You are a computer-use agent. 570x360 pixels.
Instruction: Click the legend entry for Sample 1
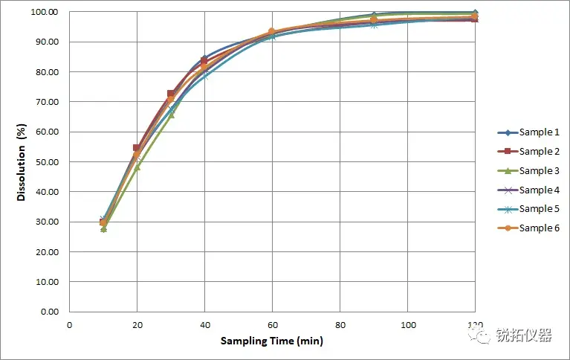(528, 132)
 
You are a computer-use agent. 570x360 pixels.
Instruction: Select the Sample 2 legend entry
(528, 152)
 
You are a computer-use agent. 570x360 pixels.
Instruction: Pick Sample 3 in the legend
(528, 171)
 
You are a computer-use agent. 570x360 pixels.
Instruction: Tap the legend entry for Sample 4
(528, 190)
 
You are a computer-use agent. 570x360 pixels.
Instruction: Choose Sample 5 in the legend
(528, 209)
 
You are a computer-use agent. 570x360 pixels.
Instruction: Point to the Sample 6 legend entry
(528, 228)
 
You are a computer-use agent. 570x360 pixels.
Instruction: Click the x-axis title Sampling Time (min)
(272, 341)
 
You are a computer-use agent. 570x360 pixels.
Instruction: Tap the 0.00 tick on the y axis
(48, 312)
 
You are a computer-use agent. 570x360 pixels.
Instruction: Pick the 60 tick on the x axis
(272, 325)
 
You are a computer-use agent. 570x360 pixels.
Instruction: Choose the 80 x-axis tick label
(340, 325)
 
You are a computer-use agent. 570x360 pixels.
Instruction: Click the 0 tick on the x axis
(70, 325)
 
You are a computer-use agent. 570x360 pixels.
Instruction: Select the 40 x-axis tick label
(204, 325)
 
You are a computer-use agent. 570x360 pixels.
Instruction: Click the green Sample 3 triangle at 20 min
(137, 167)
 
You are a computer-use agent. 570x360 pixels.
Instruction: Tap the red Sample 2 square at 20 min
(137, 148)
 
